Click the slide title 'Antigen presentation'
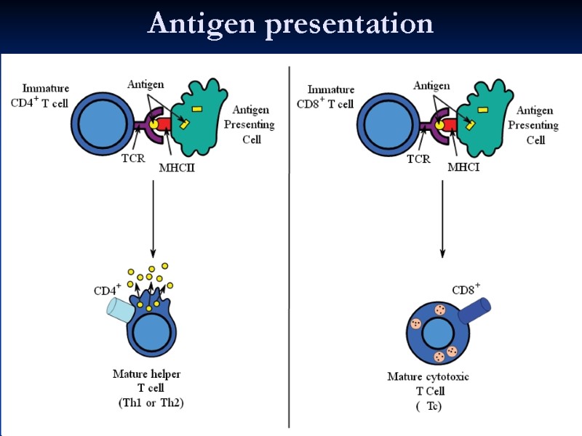(290, 24)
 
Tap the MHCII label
(178, 168)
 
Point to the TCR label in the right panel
(418, 157)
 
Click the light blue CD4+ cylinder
(119, 309)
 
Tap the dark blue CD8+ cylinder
(476, 310)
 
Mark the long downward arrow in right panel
(442, 218)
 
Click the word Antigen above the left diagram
(145, 85)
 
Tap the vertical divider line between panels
(290, 247)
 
